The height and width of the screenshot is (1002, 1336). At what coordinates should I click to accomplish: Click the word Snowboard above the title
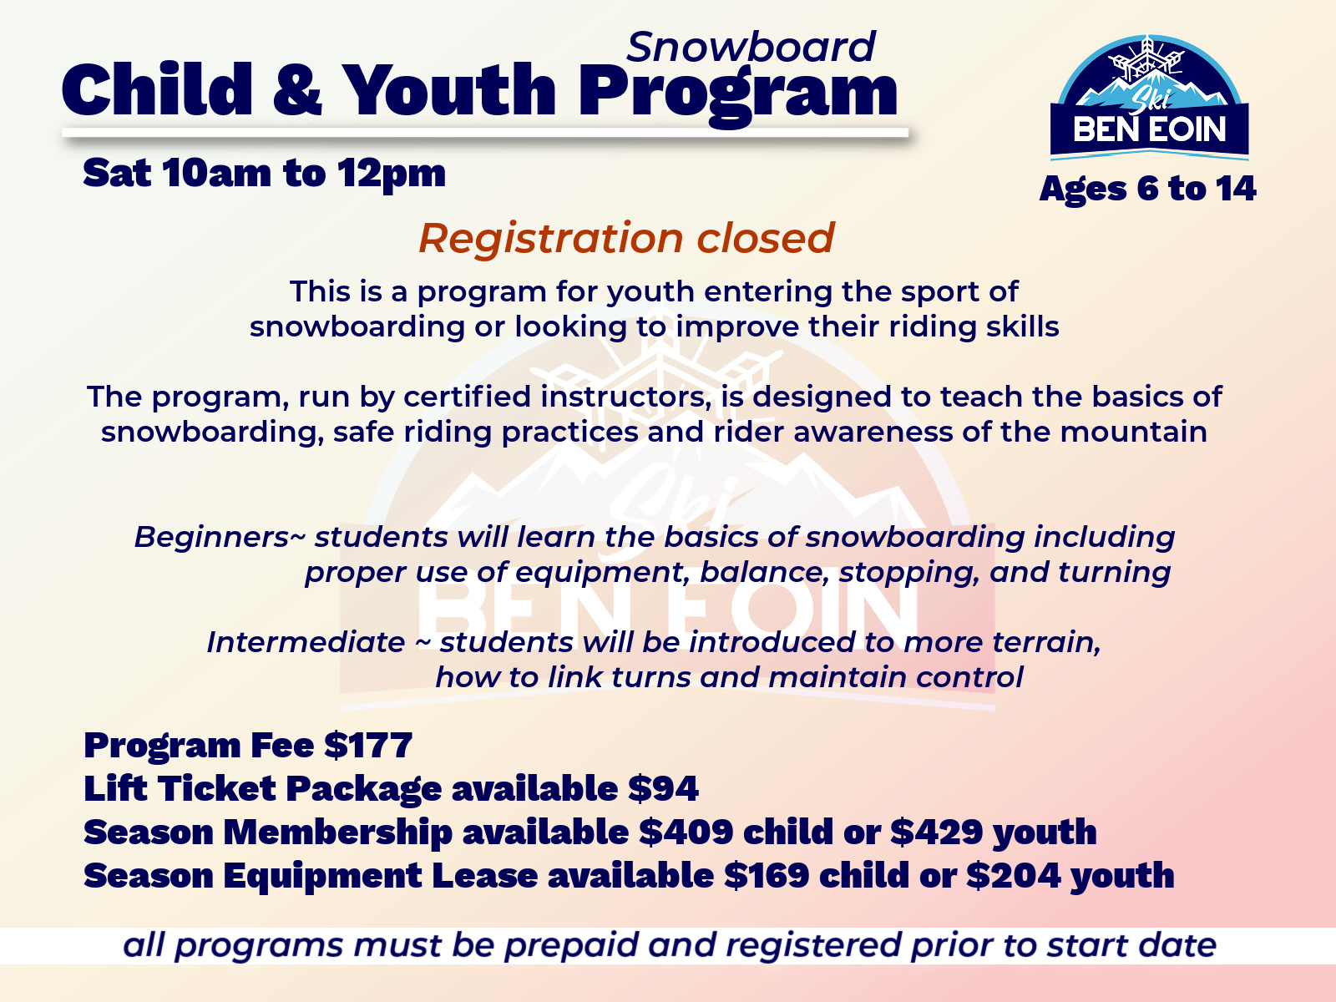click(751, 47)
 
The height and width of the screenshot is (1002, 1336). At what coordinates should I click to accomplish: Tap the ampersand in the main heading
click(297, 89)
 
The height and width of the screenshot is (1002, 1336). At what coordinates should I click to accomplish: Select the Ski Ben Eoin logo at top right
click(1149, 98)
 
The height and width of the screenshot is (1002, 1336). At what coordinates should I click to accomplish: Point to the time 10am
click(216, 174)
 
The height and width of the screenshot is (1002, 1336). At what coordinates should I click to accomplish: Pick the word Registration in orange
click(551, 239)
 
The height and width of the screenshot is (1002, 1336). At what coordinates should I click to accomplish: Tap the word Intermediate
click(306, 642)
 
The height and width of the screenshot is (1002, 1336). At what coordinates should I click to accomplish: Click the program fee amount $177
click(368, 745)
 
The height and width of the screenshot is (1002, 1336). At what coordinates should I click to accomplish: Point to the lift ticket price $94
click(663, 788)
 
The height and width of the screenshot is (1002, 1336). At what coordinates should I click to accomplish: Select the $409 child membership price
click(686, 832)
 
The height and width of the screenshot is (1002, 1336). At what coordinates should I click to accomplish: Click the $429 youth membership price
click(937, 832)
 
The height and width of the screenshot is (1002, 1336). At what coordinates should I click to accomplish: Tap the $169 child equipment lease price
click(767, 875)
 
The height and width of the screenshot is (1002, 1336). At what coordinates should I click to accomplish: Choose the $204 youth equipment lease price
click(1014, 875)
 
